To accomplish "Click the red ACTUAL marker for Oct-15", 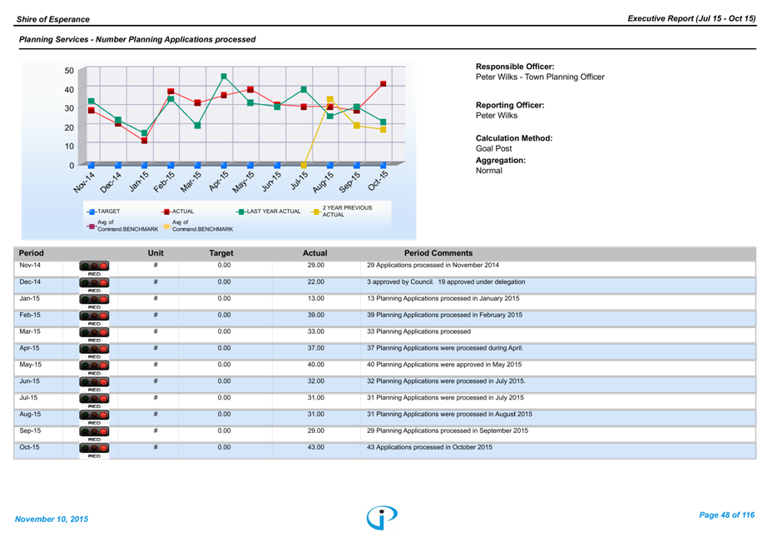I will [x=384, y=84].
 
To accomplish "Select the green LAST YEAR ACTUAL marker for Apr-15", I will [x=224, y=77].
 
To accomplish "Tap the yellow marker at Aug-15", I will [x=330, y=100].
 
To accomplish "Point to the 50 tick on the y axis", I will [x=69, y=71].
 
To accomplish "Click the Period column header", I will [x=32, y=253].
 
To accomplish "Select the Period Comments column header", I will [x=438, y=253].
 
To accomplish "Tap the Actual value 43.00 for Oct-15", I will [x=315, y=447].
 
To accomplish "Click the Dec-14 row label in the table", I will [x=30, y=282].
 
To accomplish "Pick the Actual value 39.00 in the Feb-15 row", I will [x=315, y=316].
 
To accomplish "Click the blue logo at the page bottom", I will [x=382, y=517].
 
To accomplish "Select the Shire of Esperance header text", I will [x=53, y=18].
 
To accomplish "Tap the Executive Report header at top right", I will [x=691, y=18].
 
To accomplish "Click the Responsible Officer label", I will [x=515, y=67].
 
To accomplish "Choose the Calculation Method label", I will [x=514, y=138].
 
